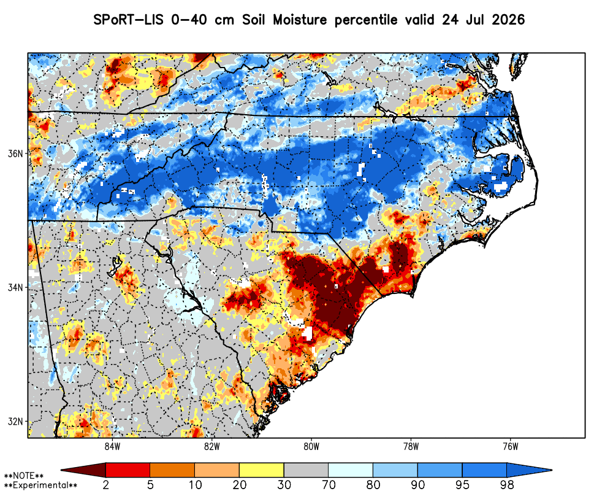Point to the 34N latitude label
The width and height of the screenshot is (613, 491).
(15, 287)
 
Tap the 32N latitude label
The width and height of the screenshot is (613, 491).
(15, 422)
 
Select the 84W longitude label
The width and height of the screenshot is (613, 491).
(112, 446)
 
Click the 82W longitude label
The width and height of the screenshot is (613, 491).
(212, 446)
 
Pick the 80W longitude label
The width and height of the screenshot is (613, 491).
(311, 446)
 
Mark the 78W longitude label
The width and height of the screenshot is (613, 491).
(411, 446)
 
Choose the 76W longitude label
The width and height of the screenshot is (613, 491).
(511, 446)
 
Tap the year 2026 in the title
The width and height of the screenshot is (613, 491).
(508, 20)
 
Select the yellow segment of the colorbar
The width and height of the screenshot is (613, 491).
(262, 470)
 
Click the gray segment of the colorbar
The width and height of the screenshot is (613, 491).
(306, 470)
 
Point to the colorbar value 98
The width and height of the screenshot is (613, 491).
(507, 485)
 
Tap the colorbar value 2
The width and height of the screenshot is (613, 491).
(106, 485)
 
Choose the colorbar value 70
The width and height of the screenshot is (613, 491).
(329, 485)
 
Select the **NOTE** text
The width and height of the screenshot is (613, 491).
(24, 476)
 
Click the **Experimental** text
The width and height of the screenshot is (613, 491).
(40, 485)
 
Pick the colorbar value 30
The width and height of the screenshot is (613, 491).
(284, 485)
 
